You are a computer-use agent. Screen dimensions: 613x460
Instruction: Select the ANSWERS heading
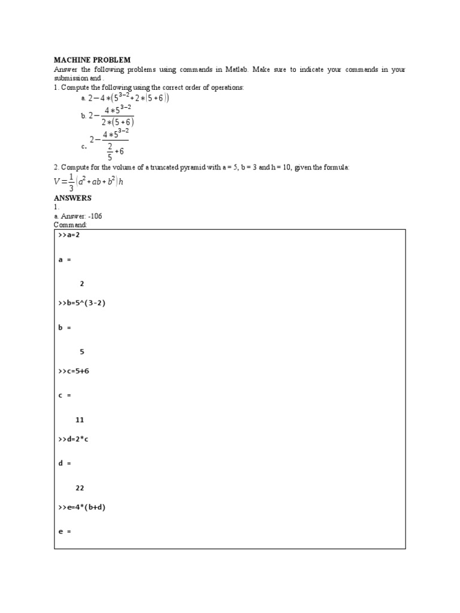72,198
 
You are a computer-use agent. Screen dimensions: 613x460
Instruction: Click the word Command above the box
70,224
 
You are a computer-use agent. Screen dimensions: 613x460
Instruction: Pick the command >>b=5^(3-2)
82,303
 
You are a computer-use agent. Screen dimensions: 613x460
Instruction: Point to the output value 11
80,420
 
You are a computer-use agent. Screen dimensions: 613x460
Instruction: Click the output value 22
80,488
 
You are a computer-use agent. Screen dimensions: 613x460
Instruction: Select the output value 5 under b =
82,352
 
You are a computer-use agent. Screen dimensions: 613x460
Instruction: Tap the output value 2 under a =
82,284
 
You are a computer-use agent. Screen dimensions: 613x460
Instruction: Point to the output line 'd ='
65,463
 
